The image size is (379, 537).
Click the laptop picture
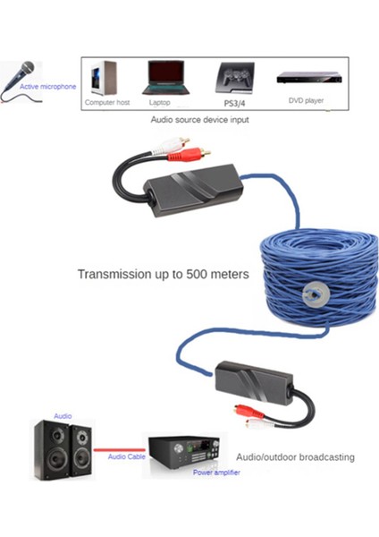pyautogui.click(x=162, y=77)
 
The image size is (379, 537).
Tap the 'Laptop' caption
pyautogui.click(x=162, y=102)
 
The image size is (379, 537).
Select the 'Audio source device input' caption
pyautogui.click(x=198, y=119)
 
